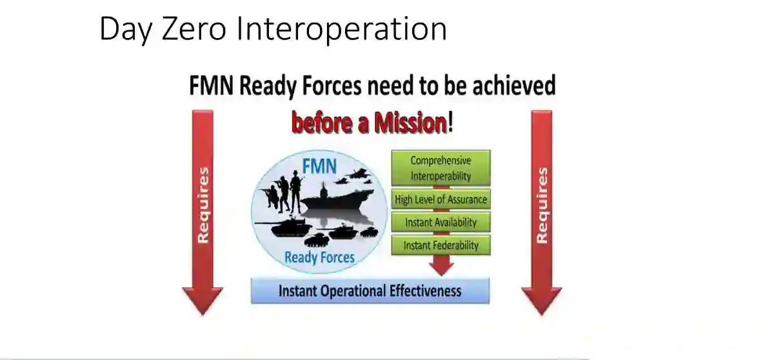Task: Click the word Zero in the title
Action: [x=194, y=29]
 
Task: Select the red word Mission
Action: [x=411, y=123]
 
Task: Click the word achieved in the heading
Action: [x=514, y=85]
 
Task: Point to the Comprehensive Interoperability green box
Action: [x=441, y=168]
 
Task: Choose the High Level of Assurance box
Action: [x=441, y=199]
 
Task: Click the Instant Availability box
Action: [x=441, y=222]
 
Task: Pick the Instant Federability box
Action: [x=441, y=245]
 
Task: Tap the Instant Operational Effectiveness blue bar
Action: [x=370, y=291]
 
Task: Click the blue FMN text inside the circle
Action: [x=319, y=166]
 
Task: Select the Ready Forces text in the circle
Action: [x=320, y=257]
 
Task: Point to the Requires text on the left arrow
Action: [x=203, y=206]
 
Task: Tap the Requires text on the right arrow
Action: [x=542, y=206]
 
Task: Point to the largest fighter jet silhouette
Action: [x=359, y=173]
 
